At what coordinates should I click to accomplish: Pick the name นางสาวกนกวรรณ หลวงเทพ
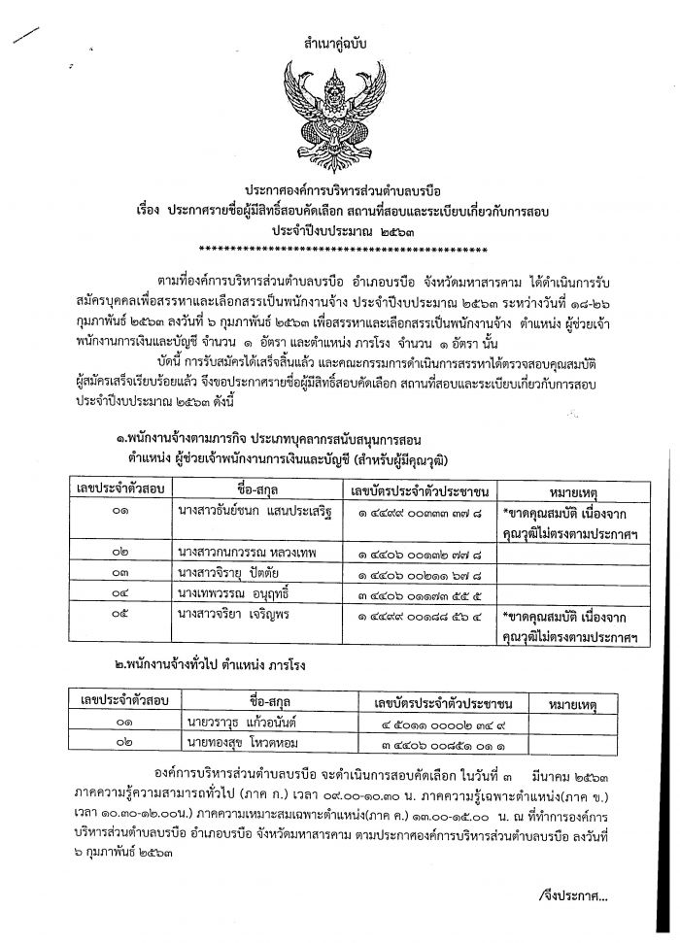coord(243,551)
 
